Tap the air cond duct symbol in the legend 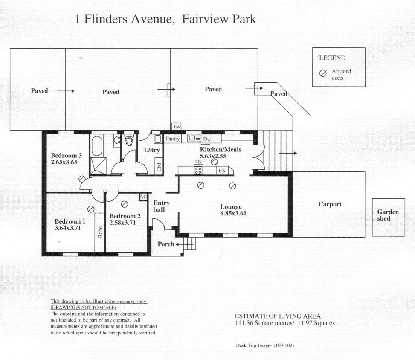pyautogui.click(x=323, y=73)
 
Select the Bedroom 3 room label pyautogui.click(x=66, y=155)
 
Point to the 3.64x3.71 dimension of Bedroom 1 pyautogui.click(x=68, y=228)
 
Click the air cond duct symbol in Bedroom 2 pyautogui.click(x=125, y=204)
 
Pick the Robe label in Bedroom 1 pyautogui.click(x=100, y=231)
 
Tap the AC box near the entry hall pyautogui.click(x=144, y=197)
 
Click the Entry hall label pyautogui.click(x=161, y=206)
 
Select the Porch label pyautogui.click(x=166, y=244)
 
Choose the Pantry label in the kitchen pyautogui.click(x=172, y=139)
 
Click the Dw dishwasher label pyautogui.click(x=207, y=139)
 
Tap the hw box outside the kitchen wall pyautogui.click(x=177, y=127)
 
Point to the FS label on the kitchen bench pyautogui.click(x=221, y=171)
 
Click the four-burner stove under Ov pyautogui.click(x=198, y=170)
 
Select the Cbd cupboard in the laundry pyautogui.click(x=158, y=167)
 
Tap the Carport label pyautogui.click(x=330, y=204)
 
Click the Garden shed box pyautogui.click(x=388, y=217)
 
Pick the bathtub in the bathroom pyautogui.click(x=96, y=146)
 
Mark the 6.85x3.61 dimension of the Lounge pyautogui.click(x=234, y=213)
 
